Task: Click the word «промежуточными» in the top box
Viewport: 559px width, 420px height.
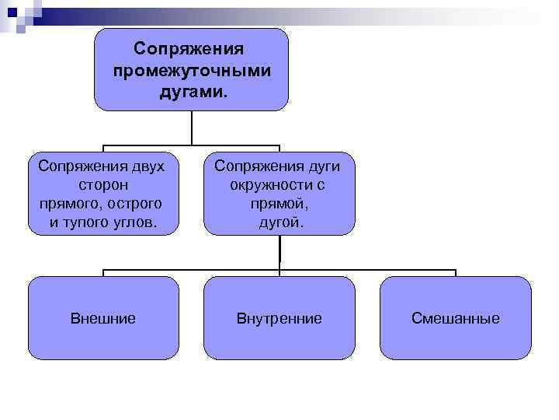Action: point(191,71)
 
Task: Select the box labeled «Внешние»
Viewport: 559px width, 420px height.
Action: point(103,317)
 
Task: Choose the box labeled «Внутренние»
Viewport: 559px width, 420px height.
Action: point(279,317)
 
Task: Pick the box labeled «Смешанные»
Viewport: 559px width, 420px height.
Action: point(456,317)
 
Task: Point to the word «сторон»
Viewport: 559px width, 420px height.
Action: point(103,185)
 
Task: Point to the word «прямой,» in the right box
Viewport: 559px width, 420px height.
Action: point(279,203)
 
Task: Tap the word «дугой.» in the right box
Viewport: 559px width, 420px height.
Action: point(281,222)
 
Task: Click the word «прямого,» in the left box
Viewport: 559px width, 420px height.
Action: point(71,203)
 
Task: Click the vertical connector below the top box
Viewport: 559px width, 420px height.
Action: point(191,128)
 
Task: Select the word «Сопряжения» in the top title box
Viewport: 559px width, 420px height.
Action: point(189,49)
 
